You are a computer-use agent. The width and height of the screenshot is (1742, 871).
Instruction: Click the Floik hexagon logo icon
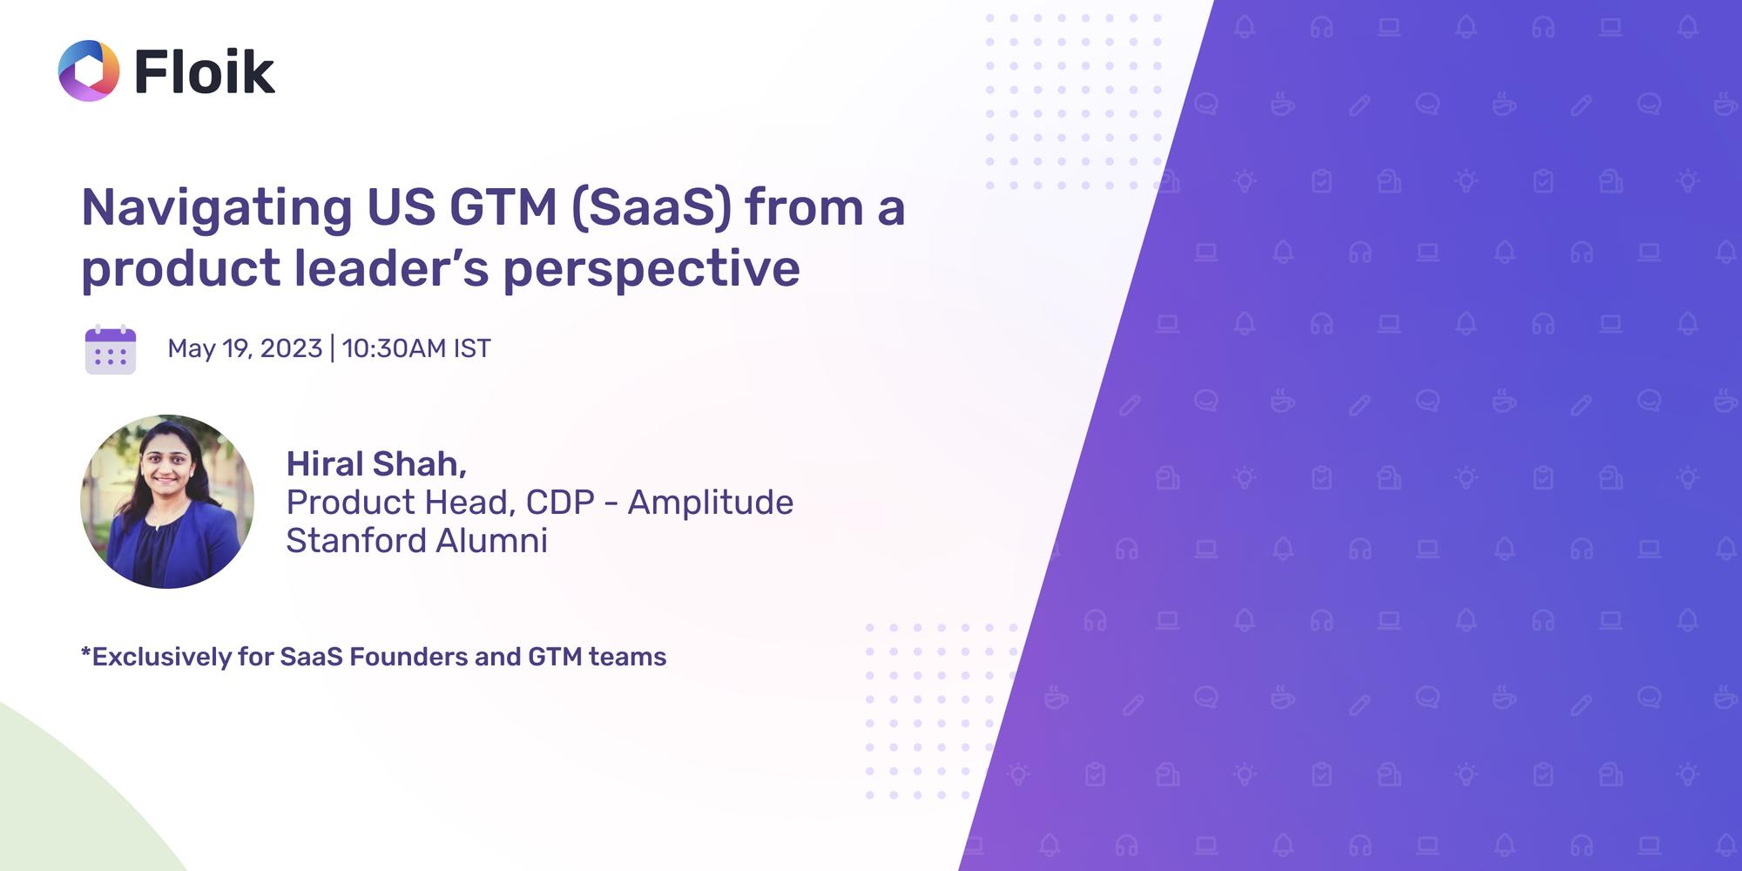pyautogui.click(x=88, y=71)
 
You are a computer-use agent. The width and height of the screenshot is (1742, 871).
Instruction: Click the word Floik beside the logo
pyautogui.click(x=205, y=71)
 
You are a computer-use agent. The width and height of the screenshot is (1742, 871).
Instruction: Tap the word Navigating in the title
pyautogui.click(x=216, y=209)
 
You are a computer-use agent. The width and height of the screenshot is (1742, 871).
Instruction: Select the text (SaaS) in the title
pyautogui.click(x=652, y=209)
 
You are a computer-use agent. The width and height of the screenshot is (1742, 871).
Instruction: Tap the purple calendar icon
pyautogui.click(x=111, y=350)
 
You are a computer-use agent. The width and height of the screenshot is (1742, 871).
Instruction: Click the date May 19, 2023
pyautogui.click(x=245, y=348)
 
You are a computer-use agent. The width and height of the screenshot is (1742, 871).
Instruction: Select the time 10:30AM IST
pyautogui.click(x=416, y=348)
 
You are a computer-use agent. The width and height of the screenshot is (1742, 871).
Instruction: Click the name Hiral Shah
pyautogui.click(x=375, y=464)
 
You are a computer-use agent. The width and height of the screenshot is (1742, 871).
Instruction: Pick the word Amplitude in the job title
pyautogui.click(x=710, y=503)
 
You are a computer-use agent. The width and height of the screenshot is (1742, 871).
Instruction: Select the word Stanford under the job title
pyautogui.click(x=356, y=541)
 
